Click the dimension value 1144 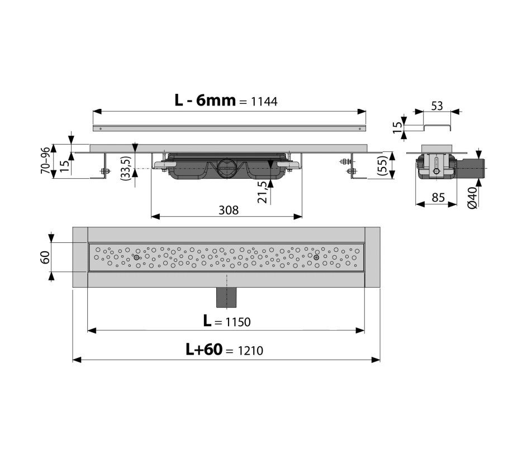(264, 102)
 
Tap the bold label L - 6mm (205, 100)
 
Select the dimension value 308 (229, 210)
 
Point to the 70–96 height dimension (45, 160)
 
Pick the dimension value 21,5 (263, 192)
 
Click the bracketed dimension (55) (383, 165)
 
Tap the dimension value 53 (436, 106)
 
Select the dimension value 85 (438, 198)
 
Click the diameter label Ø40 (472, 198)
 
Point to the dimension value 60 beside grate (46, 257)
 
